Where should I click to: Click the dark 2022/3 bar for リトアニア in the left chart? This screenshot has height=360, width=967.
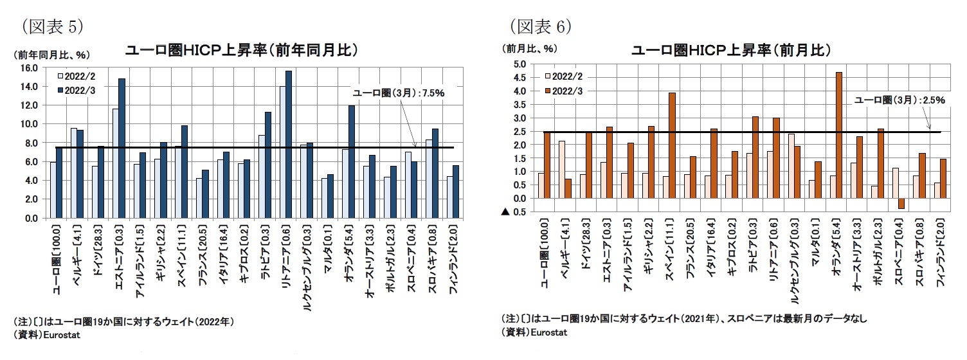tap(289, 145)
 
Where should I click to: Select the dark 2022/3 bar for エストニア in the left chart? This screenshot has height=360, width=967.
tap(122, 148)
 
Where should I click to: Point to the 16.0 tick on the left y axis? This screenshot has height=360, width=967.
tap(30, 67)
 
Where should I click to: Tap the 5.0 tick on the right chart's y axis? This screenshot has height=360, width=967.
tap(519, 64)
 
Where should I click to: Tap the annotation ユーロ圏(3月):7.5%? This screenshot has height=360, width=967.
tap(399, 93)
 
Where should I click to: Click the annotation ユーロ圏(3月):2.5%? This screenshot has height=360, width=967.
tap(899, 100)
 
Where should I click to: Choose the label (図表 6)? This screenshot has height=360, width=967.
tap(541, 26)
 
